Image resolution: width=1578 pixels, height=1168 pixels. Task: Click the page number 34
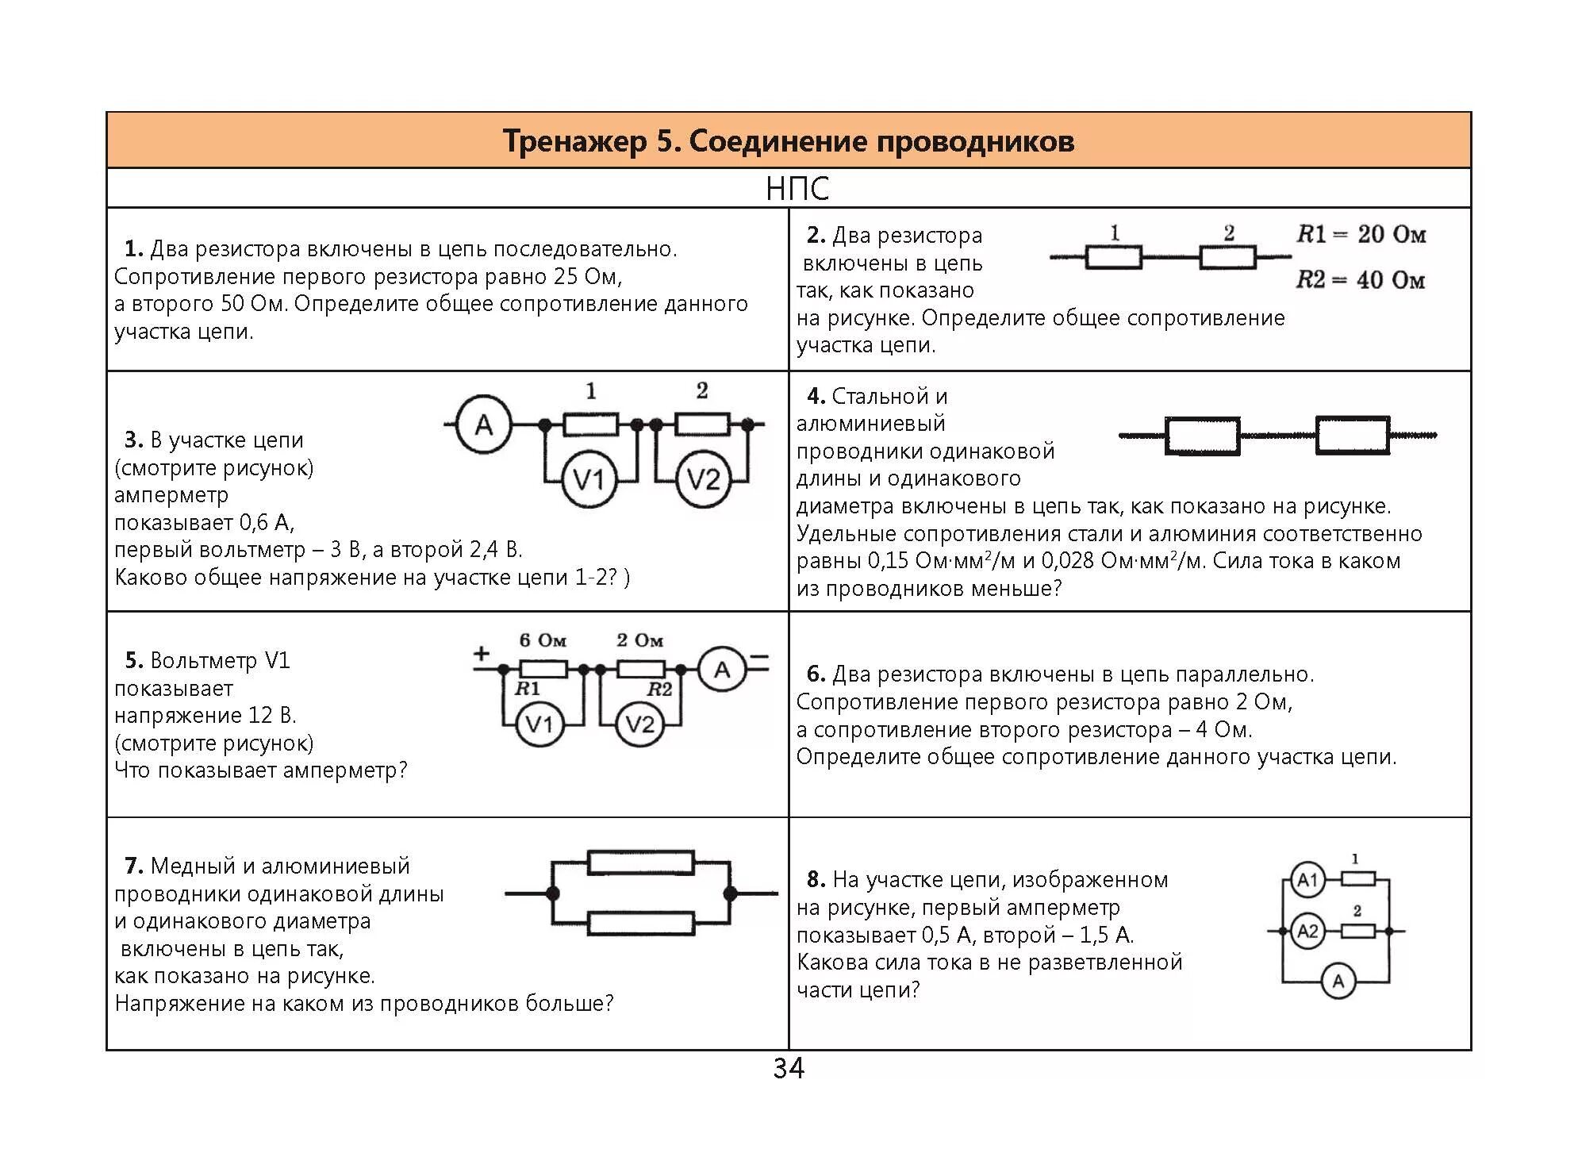pyautogui.click(x=788, y=1068)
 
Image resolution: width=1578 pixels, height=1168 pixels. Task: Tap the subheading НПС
pyautogui.click(x=797, y=189)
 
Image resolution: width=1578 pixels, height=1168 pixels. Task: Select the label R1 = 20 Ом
pyautogui.click(x=1361, y=234)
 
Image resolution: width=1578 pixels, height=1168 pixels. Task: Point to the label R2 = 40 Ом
pyautogui.click(x=1361, y=279)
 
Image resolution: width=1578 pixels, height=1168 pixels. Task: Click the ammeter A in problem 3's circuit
pyautogui.click(x=483, y=425)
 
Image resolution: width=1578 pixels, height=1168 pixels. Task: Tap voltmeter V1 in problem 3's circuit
pyautogui.click(x=588, y=479)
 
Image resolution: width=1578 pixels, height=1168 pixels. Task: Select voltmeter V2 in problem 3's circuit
pyautogui.click(x=703, y=479)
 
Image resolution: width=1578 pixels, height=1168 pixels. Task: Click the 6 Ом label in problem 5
pyautogui.click(x=543, y=640)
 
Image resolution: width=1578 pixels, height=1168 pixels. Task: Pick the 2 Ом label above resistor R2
pyautogui.click(x=639, y=640)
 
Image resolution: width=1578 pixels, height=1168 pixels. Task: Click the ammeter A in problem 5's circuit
pyautogui.click(x=721, y=670)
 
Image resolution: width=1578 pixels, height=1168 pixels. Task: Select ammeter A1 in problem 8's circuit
pyautogui.click(x=1307, y=879)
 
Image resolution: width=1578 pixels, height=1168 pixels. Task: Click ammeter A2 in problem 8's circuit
pyautogui.click(x=1307, y=931)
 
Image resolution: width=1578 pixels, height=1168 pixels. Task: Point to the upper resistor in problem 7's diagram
pyautogui.click(x=640, y=863)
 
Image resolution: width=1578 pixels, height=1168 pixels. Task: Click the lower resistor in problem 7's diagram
pyautogui.click(x=640, y=923)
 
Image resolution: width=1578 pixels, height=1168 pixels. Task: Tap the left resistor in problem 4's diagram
pyautogui.click(x=1202, y=436)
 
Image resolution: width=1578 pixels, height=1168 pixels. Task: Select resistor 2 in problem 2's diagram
pyautogui.click(x=1227, y=257)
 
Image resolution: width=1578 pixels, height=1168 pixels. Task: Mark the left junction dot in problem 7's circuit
pyautogui.click(x=552, y=893)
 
